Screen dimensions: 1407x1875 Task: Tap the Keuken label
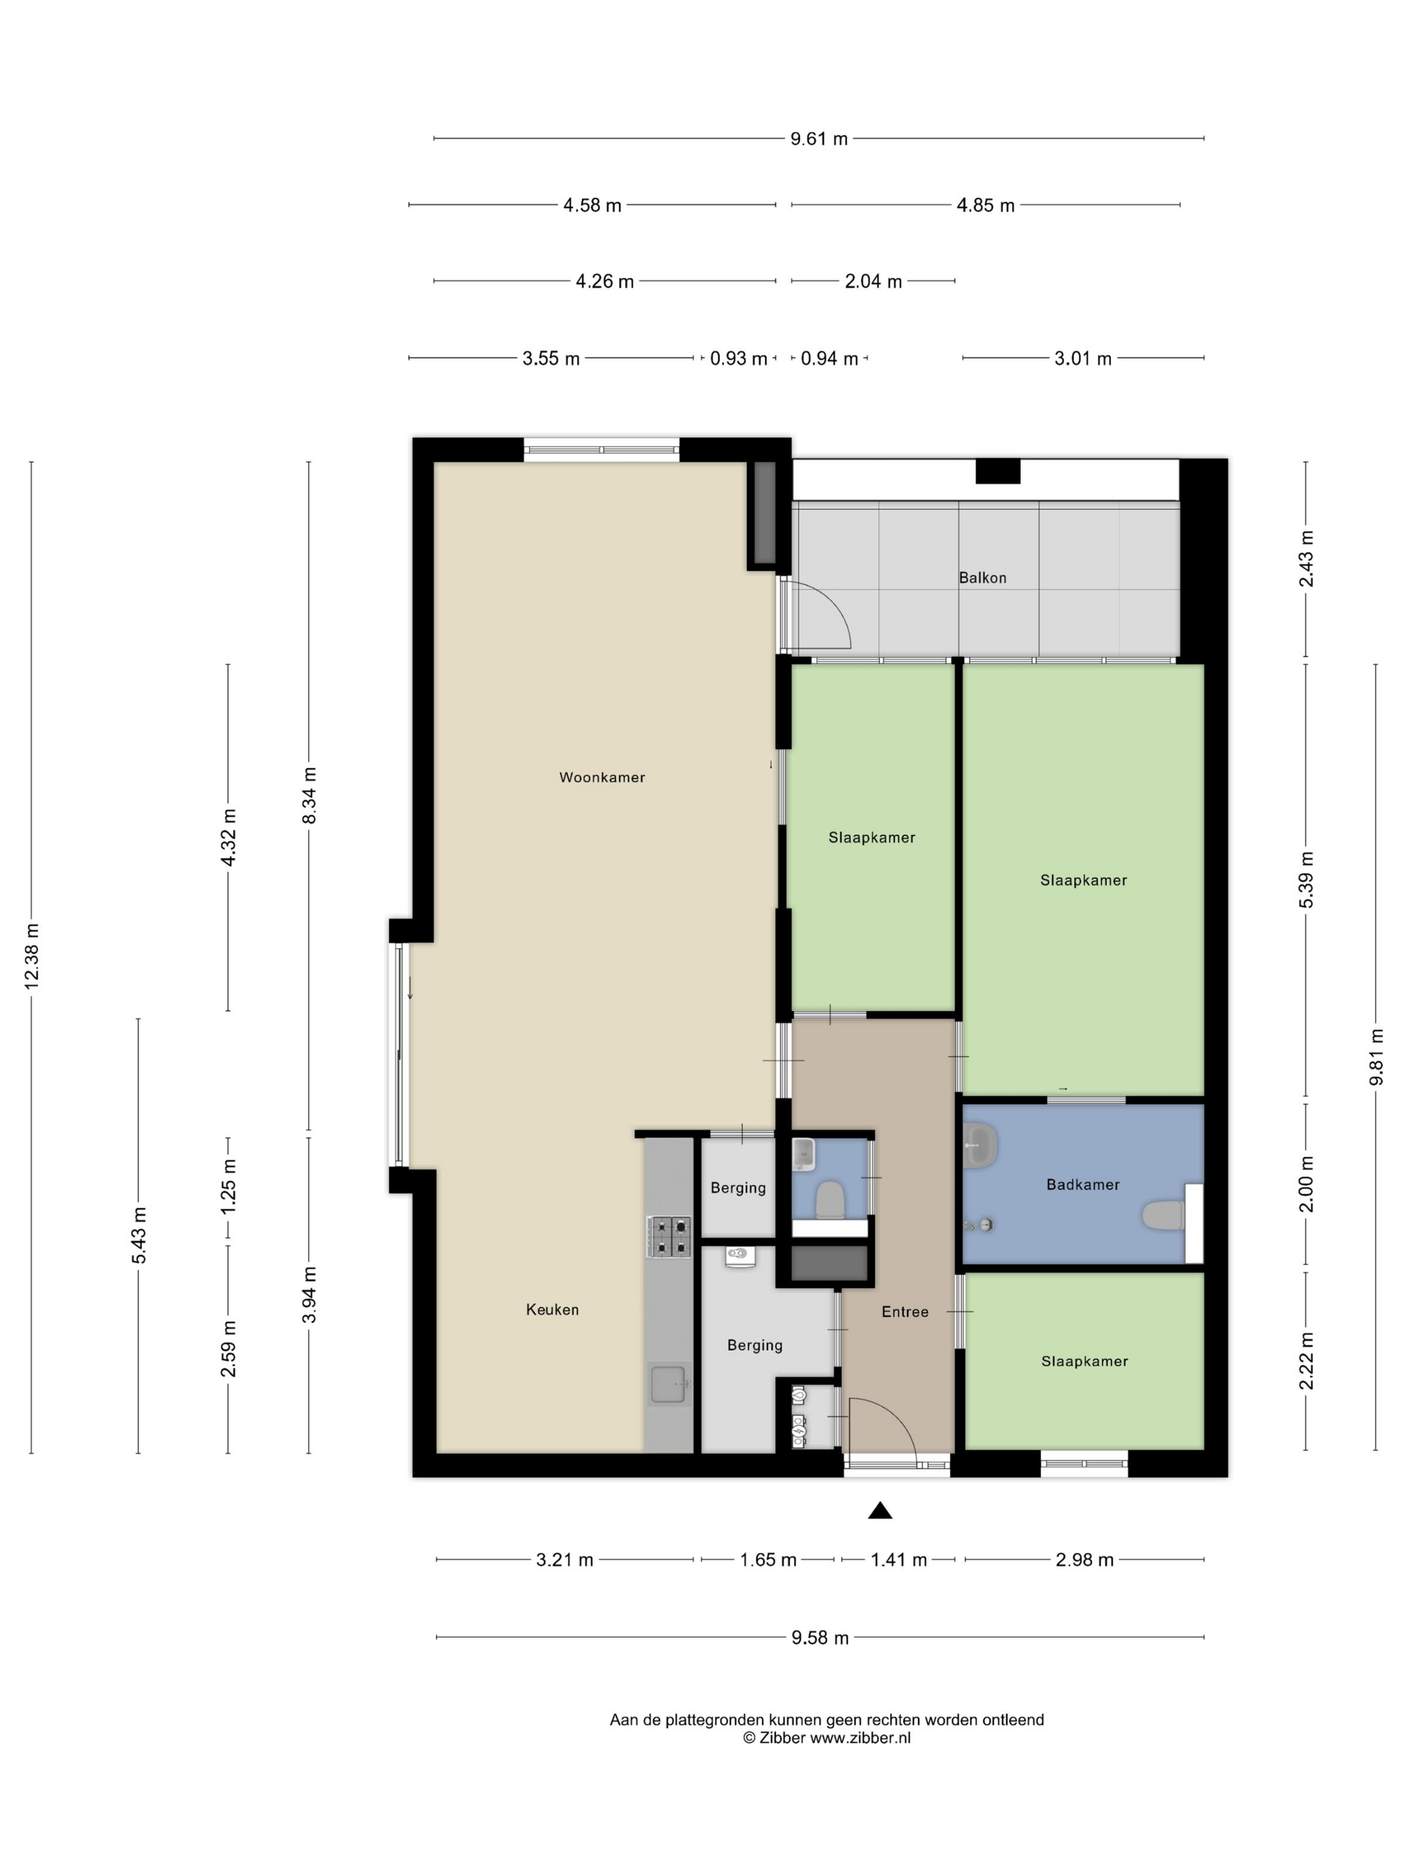tap(552, 1310)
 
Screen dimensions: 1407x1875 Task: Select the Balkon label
tap(982, 578)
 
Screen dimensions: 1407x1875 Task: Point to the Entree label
tap(905, 1312)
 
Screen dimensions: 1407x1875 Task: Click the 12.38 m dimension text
tap(32, 956)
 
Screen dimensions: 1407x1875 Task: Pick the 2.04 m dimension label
tap(873, 281)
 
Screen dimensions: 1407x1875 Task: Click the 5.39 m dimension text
tap(1306, 880)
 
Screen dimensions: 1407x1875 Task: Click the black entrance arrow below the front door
tap(880, 1509)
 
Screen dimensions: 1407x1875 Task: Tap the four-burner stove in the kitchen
tap(669, 1237)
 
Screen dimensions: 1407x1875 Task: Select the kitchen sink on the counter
tap(669, 1385)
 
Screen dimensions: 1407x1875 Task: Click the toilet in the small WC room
tap(829, 1200)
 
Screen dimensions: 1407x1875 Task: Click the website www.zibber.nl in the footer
tap(860, 1738)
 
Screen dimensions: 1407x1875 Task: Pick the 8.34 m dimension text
tap(310, 795)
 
